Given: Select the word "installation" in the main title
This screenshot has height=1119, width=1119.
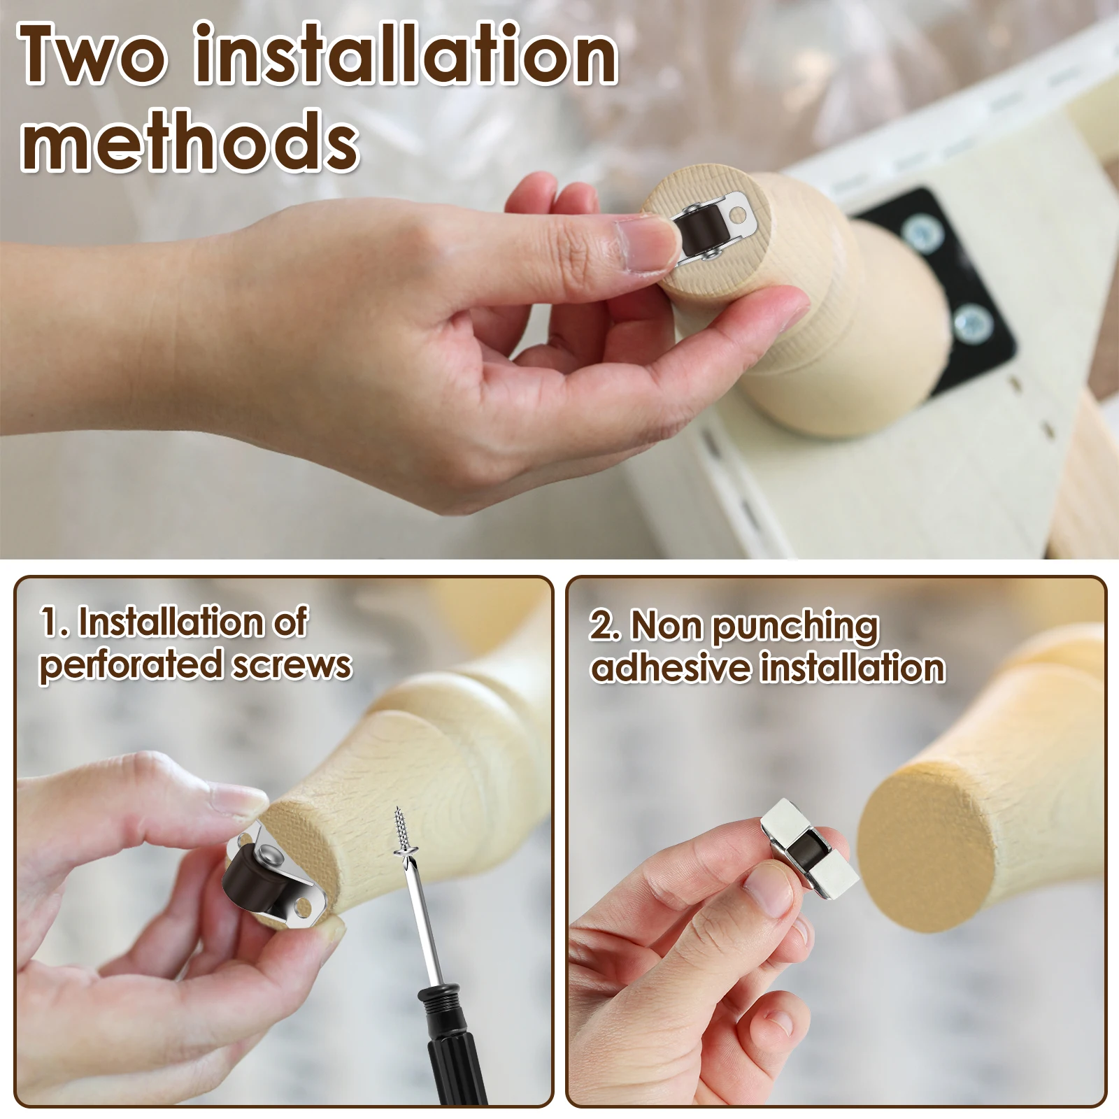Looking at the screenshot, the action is pyautogui.click(x=405, y=53).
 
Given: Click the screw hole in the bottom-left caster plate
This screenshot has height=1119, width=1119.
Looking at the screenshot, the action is pyautogui.click(x=304, y=908).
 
